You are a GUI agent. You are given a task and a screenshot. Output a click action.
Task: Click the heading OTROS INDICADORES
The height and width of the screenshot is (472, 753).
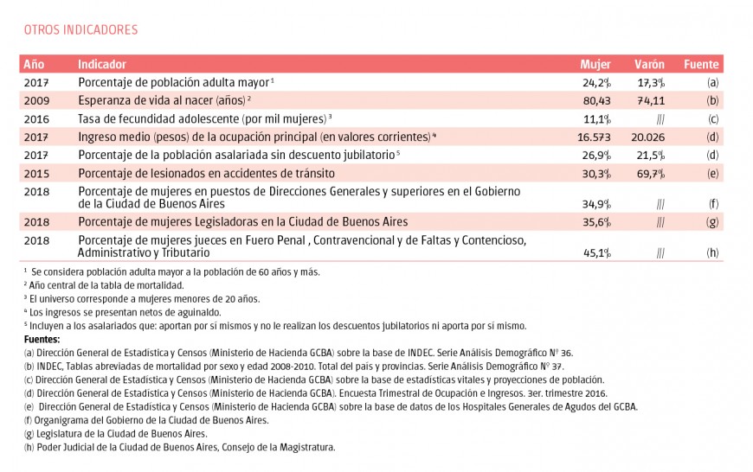80,30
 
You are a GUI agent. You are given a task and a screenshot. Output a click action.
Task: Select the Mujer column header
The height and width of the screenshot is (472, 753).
595,65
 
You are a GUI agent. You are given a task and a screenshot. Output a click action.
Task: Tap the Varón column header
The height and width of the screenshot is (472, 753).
649,65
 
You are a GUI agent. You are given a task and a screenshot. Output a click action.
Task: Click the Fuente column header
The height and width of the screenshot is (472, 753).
701,65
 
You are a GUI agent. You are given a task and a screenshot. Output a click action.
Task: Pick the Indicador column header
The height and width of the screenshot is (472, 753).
102,65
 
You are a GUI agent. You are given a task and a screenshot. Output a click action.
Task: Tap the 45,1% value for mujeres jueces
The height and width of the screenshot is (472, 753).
597,253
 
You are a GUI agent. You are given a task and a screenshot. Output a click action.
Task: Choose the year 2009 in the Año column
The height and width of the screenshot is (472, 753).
36,101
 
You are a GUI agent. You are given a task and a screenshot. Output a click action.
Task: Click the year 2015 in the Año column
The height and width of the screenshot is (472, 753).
36,174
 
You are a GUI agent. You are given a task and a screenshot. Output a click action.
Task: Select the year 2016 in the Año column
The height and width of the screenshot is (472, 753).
36,119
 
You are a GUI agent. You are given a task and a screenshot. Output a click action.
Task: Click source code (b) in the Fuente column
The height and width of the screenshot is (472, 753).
712,101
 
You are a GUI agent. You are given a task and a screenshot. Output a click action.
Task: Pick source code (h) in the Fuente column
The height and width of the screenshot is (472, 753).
712,253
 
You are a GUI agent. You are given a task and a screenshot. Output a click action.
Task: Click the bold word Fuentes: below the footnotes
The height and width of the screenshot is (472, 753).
42,340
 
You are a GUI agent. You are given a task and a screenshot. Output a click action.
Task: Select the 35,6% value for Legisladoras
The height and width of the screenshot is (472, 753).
597,222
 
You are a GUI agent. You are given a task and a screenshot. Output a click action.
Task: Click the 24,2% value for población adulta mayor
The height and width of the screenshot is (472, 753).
597,83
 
